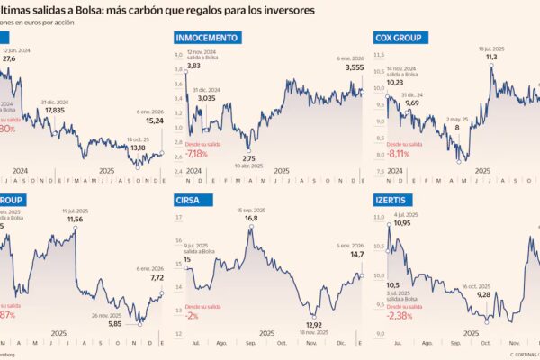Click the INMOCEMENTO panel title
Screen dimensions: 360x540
[208, 38]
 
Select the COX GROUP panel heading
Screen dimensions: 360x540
[394, 38]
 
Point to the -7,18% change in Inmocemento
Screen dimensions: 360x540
[196, 153]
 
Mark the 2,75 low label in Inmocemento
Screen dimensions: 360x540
[248, 157]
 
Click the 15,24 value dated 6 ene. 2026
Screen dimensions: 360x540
[155, 121]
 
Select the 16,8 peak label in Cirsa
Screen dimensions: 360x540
[245, 218]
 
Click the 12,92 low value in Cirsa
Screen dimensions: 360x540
[314, 325]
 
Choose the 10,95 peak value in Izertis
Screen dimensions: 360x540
[401, 223]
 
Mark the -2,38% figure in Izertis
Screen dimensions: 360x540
[396, 316]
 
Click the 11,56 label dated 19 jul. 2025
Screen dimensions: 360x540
[75, 219]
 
